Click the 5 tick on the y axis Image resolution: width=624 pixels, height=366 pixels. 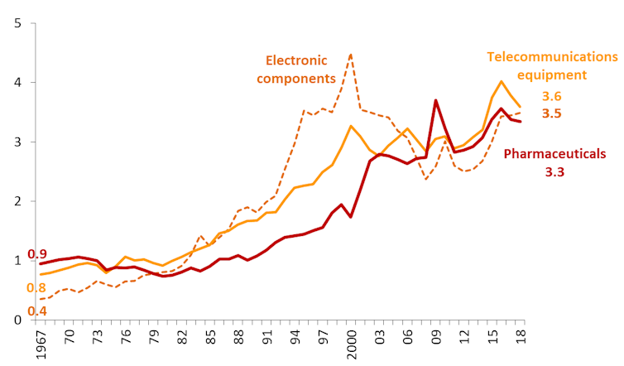pos(17,23)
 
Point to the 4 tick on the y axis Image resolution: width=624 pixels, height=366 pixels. pos(17,83)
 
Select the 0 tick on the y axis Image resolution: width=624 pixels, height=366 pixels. pos(17,320)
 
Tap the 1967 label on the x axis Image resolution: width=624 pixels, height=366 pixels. pos(39,341)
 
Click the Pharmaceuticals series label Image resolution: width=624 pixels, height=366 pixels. pos(555,154)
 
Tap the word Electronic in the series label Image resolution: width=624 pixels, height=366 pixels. pos(296,60)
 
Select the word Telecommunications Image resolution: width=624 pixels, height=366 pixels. pos(552,56)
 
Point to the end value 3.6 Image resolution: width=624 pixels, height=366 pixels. pos(551,96)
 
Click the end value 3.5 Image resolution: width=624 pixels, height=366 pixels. pos(551,113)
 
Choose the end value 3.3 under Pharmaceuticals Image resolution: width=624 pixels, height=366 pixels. pos(554,172)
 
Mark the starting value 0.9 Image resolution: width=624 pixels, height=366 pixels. pos(37,254)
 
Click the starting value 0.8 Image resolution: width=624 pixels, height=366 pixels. pos(37,287)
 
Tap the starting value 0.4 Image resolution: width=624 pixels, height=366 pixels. pos(37,311)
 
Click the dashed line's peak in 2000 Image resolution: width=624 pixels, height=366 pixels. pos(351,55)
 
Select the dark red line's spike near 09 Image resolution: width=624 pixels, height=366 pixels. pos(435,101)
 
